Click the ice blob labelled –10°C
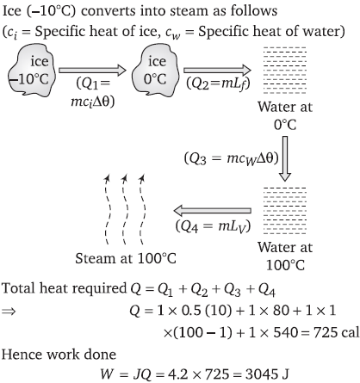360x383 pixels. (x=31, y=71)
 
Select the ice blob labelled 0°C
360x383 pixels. (x=155, y=71)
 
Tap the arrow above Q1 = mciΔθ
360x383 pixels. (x=92, y=71)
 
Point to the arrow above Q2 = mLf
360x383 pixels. (x=217, y=71)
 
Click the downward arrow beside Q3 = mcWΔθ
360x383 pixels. (x=285, y=158)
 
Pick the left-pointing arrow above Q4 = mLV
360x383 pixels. (x=213, y=211)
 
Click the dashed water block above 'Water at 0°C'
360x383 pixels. (x=285, y=71)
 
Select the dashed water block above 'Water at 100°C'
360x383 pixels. (x=285, y=211)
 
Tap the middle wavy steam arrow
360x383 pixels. (x=125, y=210)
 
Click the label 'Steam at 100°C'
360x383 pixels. (x=126, y=258)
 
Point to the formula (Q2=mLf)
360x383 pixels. (x=218, y=83)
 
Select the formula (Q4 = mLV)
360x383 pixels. (x=213, y=226)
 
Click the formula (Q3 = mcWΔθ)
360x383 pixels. (x=232, y=158)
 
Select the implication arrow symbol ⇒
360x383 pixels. (x=9, y=311)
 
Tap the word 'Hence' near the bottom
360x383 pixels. (x=22, y=355)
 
